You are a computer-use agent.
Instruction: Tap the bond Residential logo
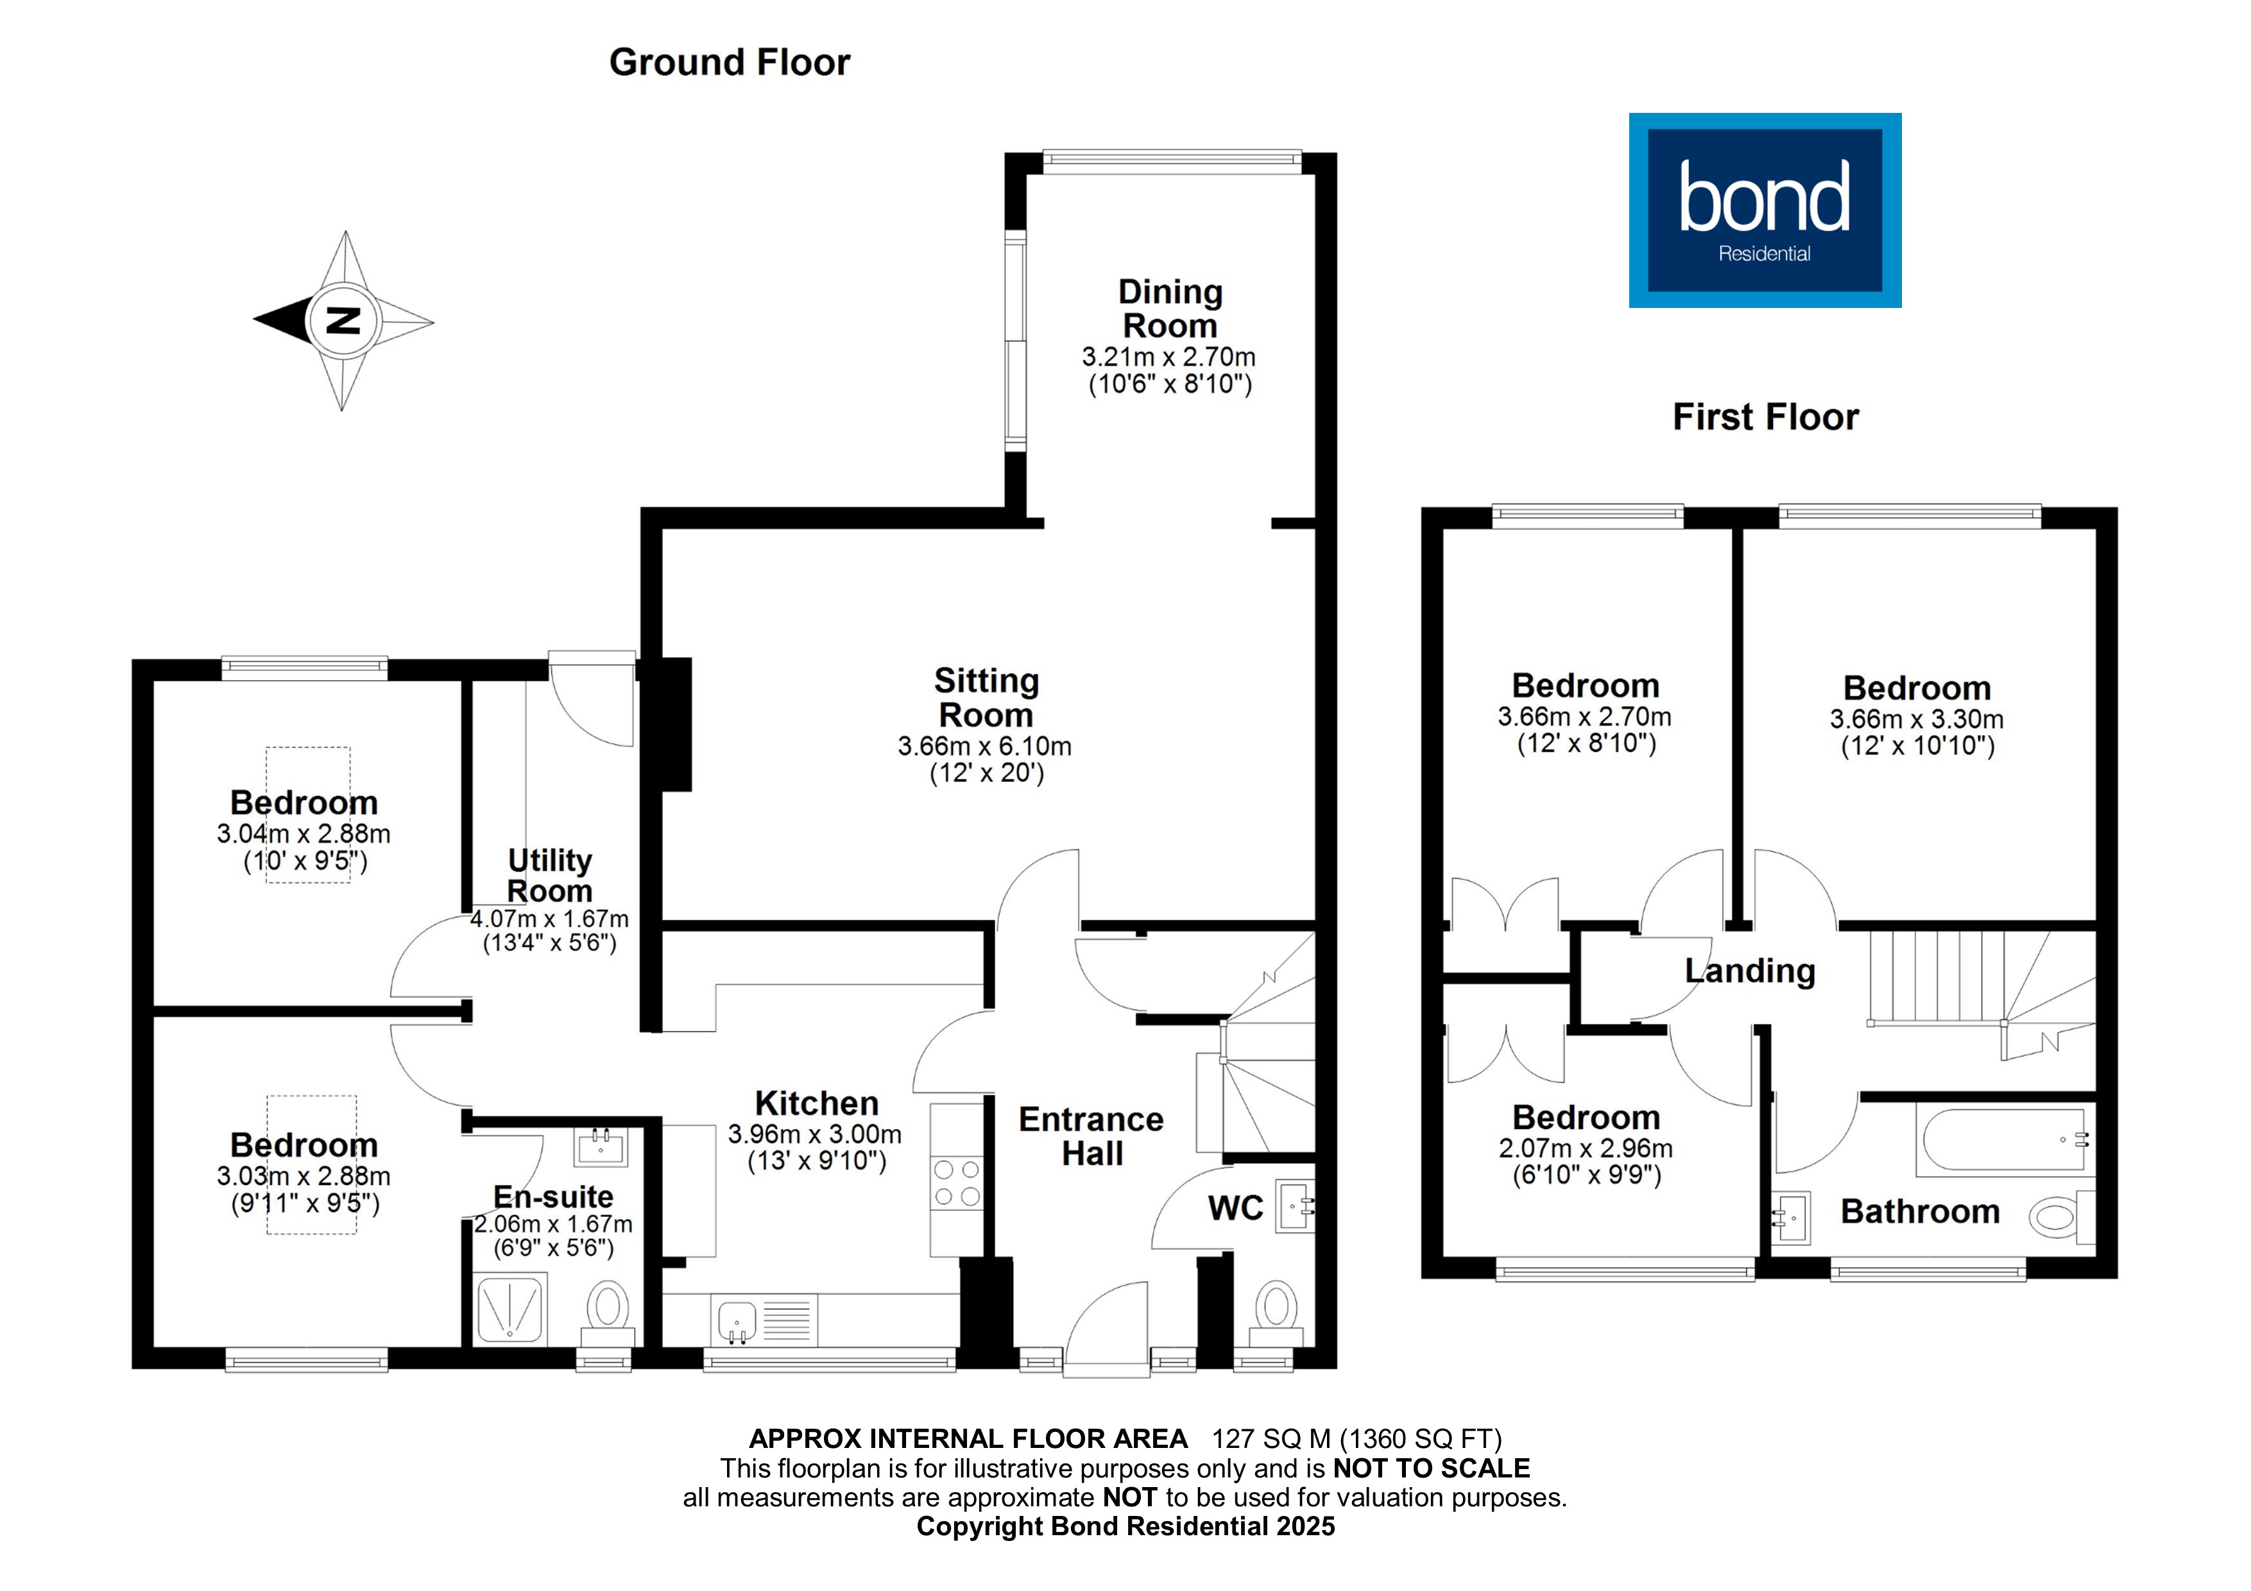click(x=1765, y=210)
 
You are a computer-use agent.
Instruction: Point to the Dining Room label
click(x=1170, y=309)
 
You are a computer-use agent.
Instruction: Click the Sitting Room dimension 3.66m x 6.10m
click(x=984, y=746)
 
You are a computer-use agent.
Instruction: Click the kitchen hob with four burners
click(x=956, y=1182)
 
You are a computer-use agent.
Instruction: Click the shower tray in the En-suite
click(x=509, y=1307)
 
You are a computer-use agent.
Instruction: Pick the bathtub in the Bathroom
click(x=2003, y=1140)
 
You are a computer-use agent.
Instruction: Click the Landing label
click(x=1750, y=971)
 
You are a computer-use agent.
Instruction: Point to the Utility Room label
click(x=549, y=876)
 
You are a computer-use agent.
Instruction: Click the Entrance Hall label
click(x=1091, y=1136)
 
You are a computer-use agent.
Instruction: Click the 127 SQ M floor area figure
click(x=1271, y=1439)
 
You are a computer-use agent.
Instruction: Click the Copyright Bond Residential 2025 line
click(x=1125, y=1526)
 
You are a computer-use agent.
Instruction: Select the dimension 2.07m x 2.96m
click(x=1586, y=1148)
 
